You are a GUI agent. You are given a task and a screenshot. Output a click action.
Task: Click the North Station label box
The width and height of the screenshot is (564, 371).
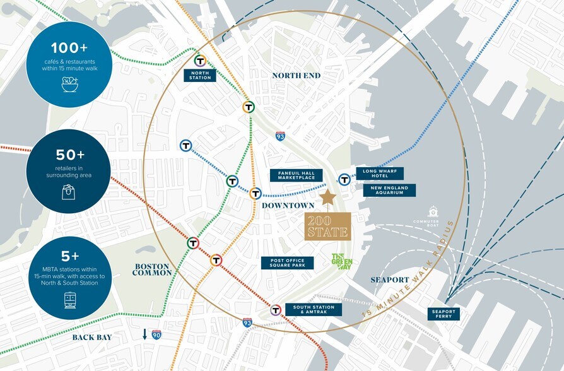click(200, 75)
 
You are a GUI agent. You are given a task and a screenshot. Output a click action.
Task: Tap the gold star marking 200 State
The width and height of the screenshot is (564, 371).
click(327, 198)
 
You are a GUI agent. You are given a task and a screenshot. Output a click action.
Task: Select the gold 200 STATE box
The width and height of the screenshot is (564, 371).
click(327, 226)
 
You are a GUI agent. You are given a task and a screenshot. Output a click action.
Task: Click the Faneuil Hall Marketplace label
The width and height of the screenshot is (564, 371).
click(291, 175)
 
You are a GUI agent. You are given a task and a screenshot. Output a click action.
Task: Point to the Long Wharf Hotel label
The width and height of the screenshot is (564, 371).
click(383, 173)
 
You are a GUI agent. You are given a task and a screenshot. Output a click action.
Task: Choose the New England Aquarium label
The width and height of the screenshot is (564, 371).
click(389, 190)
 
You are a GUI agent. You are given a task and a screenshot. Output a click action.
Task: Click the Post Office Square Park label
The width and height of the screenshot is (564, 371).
click(287, 263)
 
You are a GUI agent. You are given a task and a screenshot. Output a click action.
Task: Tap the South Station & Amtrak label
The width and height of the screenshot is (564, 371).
click(314, 310)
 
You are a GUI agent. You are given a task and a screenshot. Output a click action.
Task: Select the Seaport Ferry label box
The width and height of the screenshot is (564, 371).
click(443, 314)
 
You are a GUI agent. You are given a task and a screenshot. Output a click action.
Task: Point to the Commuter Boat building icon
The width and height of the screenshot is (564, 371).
click(433, 212)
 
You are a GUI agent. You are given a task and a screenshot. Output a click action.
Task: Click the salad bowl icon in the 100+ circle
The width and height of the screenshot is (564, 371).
click(69, 85)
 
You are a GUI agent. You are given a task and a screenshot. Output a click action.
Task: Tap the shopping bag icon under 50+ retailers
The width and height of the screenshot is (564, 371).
click(68, 192)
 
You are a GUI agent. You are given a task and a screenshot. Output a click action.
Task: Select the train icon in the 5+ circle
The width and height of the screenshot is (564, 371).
click(70, 301)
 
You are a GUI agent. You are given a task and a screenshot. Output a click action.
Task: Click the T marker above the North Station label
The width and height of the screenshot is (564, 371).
click(201, 61)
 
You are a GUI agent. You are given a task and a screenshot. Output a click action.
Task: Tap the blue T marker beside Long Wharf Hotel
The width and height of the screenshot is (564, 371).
click(344, 180)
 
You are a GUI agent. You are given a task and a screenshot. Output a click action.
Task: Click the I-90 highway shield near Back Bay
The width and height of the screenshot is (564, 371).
click(156, 334)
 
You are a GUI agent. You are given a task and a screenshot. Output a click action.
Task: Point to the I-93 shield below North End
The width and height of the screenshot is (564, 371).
click(280, 136)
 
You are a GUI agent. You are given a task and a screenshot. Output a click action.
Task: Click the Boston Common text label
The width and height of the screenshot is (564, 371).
click(152, 269)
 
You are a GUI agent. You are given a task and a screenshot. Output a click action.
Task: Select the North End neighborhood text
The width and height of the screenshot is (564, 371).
click(297, 76)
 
